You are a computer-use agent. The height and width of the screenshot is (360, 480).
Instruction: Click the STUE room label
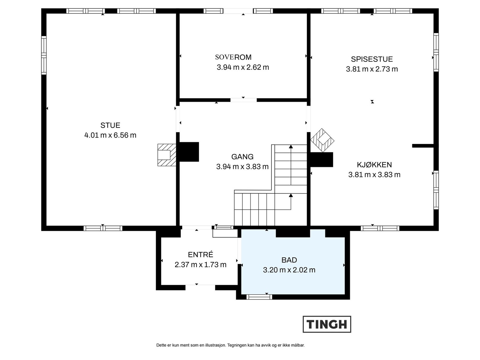pyautogui.click(x=110, y=125)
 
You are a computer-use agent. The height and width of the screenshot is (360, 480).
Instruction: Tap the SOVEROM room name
pyautogui.click(x=233, y=57)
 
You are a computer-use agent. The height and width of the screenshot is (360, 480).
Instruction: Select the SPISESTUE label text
pyautogui.click(x=372, y=59)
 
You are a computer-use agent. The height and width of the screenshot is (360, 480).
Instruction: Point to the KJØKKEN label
pyautogui.click(x=374, y=165)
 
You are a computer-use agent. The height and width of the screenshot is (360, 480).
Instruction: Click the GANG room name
pyautogui.click(x=242, y=157)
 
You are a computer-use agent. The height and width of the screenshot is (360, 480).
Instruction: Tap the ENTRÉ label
pyautogui.click(x=200, y=254)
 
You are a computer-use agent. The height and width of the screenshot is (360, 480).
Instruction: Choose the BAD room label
pyautogui.click(x=289, y=260)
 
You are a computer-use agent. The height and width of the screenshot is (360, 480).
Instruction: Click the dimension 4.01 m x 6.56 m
pyautogui.click(x=110, y=135)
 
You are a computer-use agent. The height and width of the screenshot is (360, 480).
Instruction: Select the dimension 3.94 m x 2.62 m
pyautogui.click(x=243, y=67)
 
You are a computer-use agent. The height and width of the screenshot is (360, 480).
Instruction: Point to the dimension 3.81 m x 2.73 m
pyautogui.click(x=372, y=69)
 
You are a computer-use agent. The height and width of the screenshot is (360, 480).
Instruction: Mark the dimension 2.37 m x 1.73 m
pyautogui.click(x=200, y=265)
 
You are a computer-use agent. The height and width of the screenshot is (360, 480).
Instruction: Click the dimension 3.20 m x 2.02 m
pyautogui.click(x=289, y=270)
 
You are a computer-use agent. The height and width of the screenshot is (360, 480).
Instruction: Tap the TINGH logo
pyautogui.click(x=327, y=324)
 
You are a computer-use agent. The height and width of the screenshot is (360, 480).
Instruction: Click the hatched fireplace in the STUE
pyautogui.click(x=166, y=155)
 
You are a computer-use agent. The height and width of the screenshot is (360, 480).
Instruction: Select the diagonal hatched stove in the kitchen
pyautogui.click(x=322, y=140)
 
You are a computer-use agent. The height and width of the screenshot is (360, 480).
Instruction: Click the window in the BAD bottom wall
pyautogui.click(x=259, y=297)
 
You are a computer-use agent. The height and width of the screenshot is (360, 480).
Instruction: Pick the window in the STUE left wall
pyautogui.click(x=44, y=55)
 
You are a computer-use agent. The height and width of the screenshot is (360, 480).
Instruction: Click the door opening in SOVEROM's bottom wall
pyautogui.click(x=243, y=100)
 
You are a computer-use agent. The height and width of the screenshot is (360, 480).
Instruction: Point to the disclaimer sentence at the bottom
pyautogui.click(x=230, y=345)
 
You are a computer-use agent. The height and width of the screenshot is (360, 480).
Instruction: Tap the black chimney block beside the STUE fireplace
pyautogui.click(x=189, y=152)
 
